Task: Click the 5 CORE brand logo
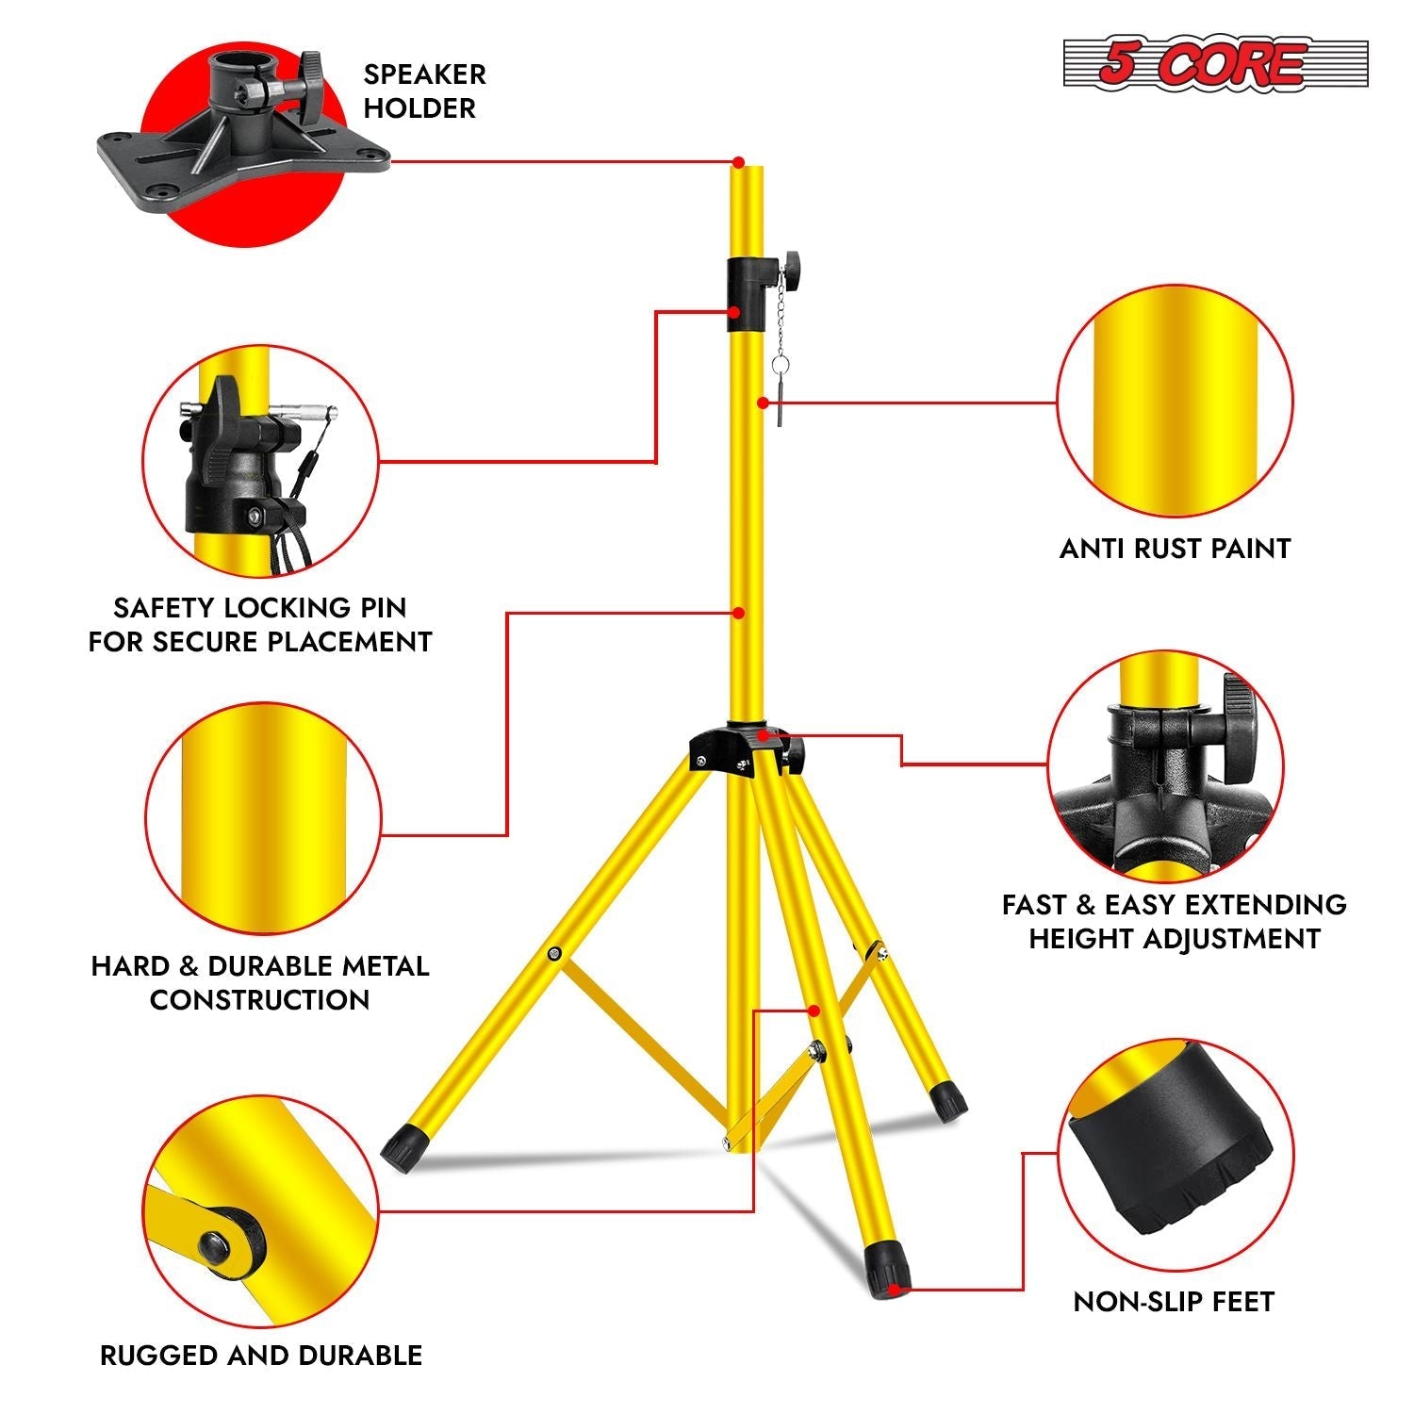pyautogui.click(x=1215, y=64)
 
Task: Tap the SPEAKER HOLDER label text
pyautogui.click(x=424, y=91)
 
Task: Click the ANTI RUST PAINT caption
pyautogui.click(x=1175, y=549)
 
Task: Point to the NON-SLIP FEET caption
pyautogui.click(x=1174, y=1302)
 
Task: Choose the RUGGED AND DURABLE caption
pyautogui.click(x=261, y=1356)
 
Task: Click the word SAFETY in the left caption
pyautogui.click(x=166, y=608)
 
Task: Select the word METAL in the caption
pyautogui.click(x=385, y=966)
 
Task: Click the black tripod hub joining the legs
pyautogui.click(x=735, y=749)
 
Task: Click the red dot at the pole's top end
pyautogui.click(x=738, y=162)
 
